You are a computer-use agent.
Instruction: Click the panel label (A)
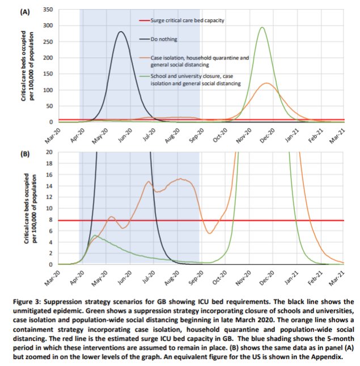pos(26,11)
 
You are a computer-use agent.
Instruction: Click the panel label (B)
pos(26,153)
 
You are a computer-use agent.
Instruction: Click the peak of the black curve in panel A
pos(121,32)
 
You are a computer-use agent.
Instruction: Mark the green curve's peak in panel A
pos(261,27)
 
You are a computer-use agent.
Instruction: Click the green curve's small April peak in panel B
pos(95,235)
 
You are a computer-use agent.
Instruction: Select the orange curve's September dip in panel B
pos(210,233)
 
